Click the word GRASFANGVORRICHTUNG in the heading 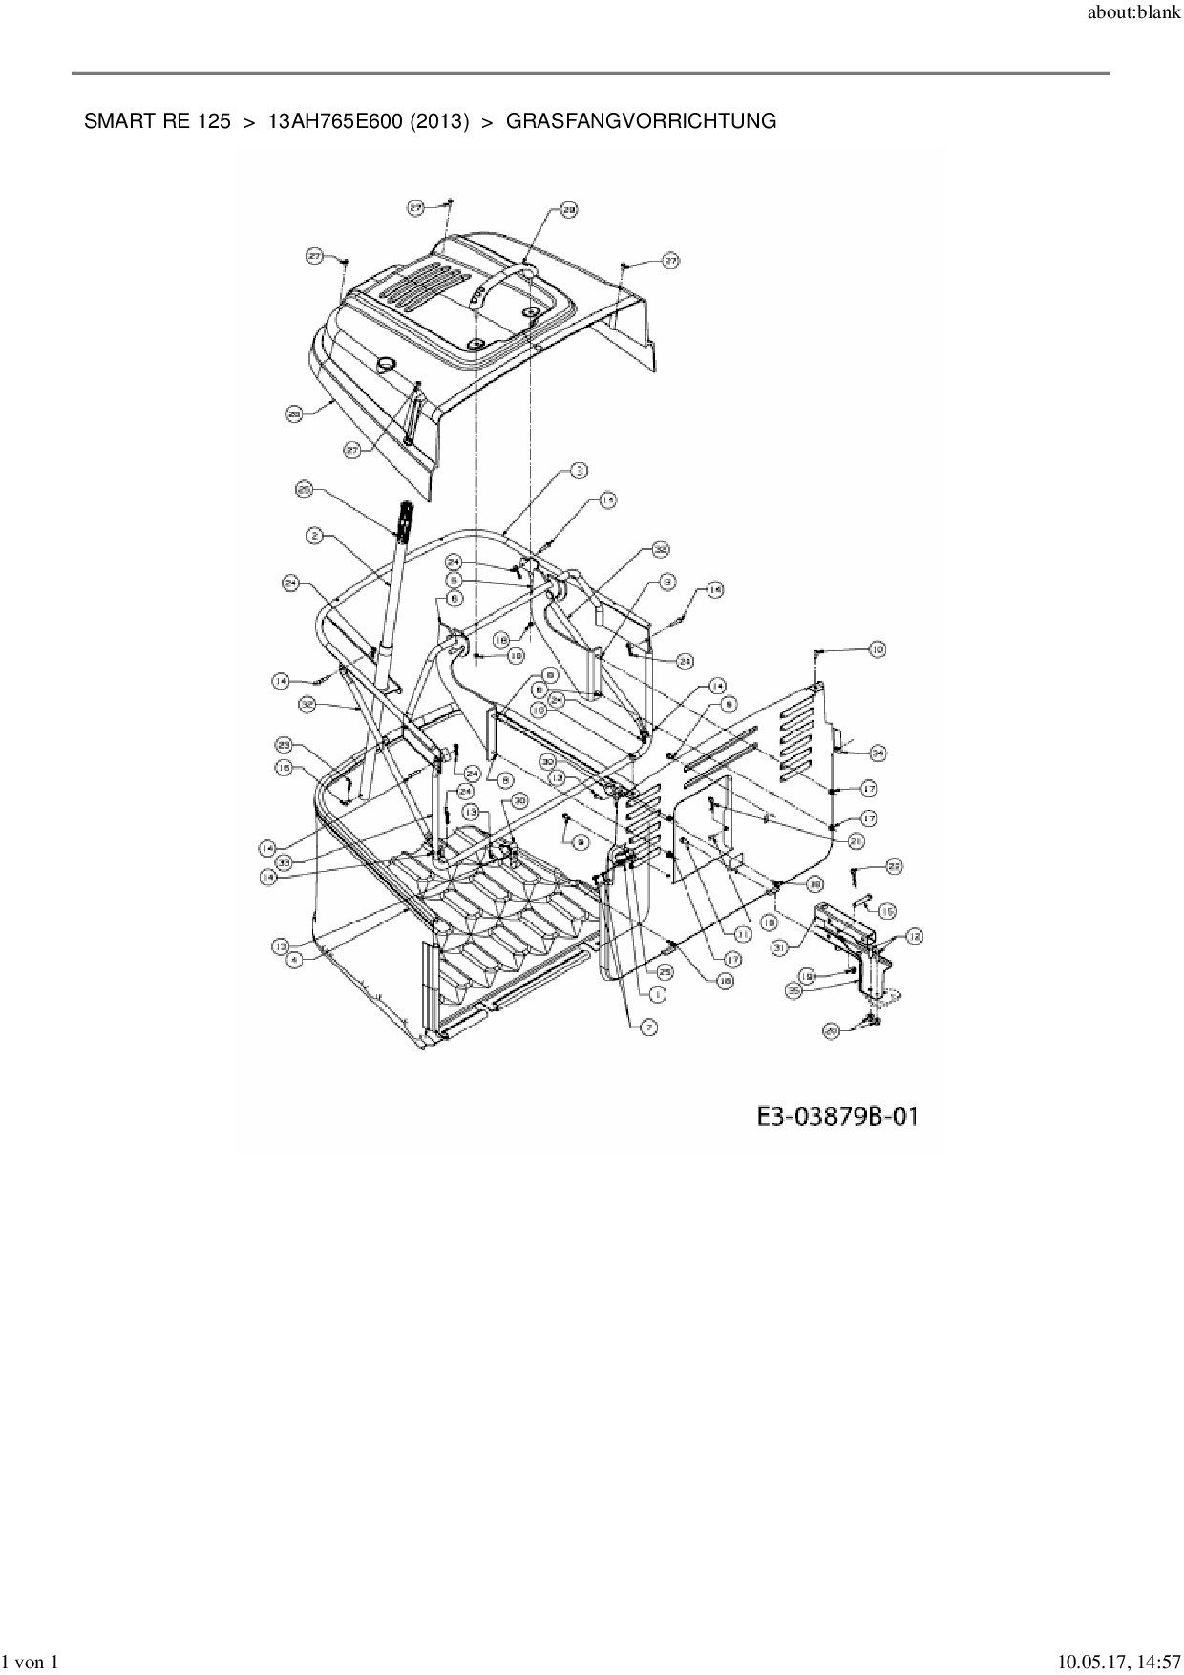(640, 122)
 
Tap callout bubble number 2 (314, 537)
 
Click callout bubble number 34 (877, 753)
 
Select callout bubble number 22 (893, 866)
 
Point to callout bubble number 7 (648, 1028)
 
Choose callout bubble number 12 (914, 937)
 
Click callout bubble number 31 (779, 946)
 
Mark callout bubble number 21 (856, 840)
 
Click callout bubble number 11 (742, 934)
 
